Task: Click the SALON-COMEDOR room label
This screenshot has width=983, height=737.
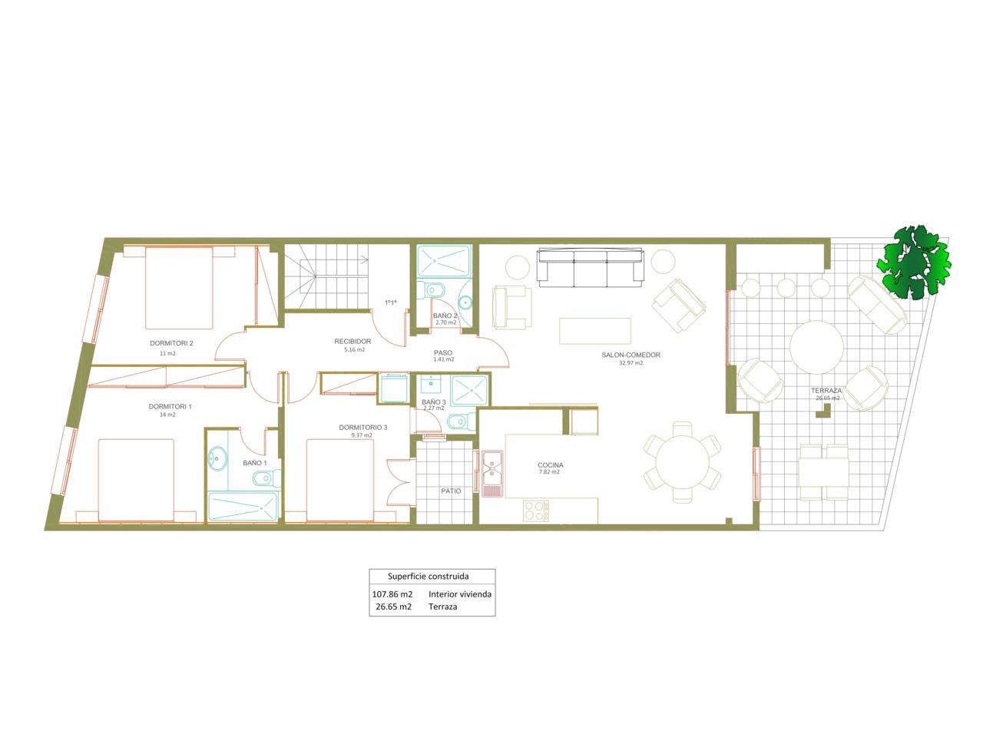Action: click(630, 355)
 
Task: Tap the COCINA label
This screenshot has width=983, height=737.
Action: click(550, 465)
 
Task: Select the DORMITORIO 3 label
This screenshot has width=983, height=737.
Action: click(362, 428)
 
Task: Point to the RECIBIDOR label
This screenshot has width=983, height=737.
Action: click(352, 342)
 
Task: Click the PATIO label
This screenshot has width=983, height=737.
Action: click(451, 491)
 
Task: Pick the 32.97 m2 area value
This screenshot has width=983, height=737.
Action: click(631, 363)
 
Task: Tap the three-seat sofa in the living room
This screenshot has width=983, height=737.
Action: click(591, 268)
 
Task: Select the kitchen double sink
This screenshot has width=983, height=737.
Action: click(492, 474)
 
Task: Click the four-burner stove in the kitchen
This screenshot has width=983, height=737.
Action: click(535, 511)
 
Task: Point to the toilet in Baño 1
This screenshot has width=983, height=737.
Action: click(267, 479)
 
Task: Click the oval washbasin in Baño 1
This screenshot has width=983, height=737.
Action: click(217, 458)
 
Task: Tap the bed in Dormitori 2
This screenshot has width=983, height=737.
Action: click(179, 288)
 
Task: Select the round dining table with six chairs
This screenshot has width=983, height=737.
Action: click(682, 462)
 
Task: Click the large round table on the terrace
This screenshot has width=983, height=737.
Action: click(816, 347)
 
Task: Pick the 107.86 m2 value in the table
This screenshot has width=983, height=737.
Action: click(392, 594)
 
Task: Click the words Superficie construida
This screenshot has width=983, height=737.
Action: click(428, 577)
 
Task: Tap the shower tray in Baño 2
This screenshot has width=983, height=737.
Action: click(444, 261)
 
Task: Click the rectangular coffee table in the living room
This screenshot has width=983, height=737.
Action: click(594, 331)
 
